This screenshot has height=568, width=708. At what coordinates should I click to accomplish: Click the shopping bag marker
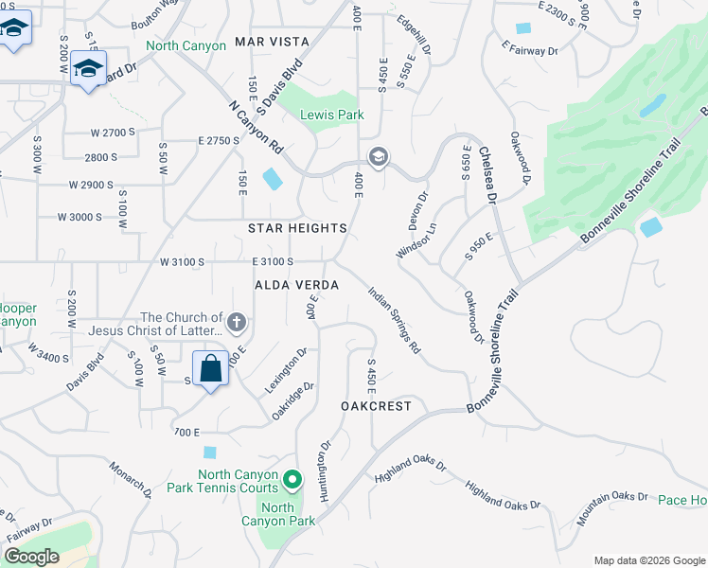point(210,367)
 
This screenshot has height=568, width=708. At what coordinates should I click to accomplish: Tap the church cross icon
point(237,325)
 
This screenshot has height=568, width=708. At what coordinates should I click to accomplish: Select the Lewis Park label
point(331,115)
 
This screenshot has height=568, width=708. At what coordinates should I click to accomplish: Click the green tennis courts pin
point(292,481)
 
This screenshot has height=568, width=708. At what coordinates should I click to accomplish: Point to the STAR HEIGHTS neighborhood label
point(297,228)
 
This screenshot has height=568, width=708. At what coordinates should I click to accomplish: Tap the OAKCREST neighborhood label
point(376,405)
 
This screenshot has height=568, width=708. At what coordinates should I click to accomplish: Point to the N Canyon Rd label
point(257,128)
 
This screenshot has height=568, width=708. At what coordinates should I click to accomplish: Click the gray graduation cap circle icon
point(378,156)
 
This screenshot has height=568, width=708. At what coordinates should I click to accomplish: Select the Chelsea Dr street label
point(487,174)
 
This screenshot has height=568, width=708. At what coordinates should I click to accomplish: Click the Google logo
point(32,557)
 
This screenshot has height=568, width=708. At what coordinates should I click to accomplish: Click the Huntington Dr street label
point(326,471)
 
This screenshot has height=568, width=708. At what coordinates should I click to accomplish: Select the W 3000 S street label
point(80,217)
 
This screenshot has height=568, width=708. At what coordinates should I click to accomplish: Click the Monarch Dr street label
point(130,480)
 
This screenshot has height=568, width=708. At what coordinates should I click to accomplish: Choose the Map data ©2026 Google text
point(647,560)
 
